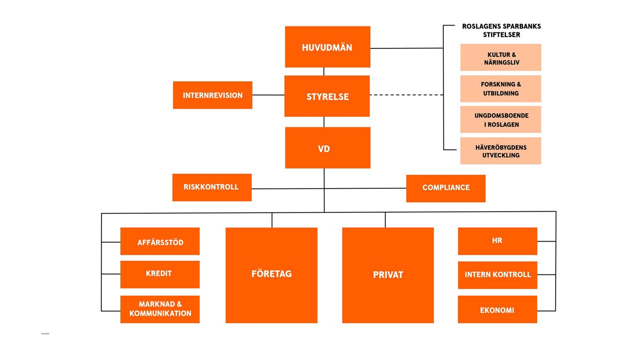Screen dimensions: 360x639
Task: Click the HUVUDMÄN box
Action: point(327,47)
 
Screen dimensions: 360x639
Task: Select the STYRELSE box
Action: point(327,96)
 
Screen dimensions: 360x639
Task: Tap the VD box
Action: point(327,148)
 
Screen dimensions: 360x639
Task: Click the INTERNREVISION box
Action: point(213,95)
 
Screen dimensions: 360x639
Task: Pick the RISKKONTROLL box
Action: point(212,187)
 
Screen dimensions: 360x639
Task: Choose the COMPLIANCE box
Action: point(446,188)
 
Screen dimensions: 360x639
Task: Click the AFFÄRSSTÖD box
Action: point(160,242)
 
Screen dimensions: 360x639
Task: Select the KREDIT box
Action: point(160,274)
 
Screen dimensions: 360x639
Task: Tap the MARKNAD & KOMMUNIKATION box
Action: point(160,309)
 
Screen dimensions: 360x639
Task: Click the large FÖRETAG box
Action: point(272,275)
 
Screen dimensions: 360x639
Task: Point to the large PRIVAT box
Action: point(388,275)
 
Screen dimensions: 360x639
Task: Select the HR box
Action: point(497,241)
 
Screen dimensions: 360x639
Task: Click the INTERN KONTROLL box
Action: point(497,275)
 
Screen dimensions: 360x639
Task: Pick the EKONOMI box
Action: point(497,310)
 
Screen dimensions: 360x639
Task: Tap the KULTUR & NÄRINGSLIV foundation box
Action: point(501,57)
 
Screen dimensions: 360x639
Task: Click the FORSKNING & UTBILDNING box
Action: point(501,89)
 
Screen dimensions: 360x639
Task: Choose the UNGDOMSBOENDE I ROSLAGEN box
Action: point(501,119)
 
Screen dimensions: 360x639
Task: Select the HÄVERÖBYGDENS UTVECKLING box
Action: point(501,151)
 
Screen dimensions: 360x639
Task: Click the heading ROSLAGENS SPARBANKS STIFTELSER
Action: point(501,30)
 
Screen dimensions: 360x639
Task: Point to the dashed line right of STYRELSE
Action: point(406,95)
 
